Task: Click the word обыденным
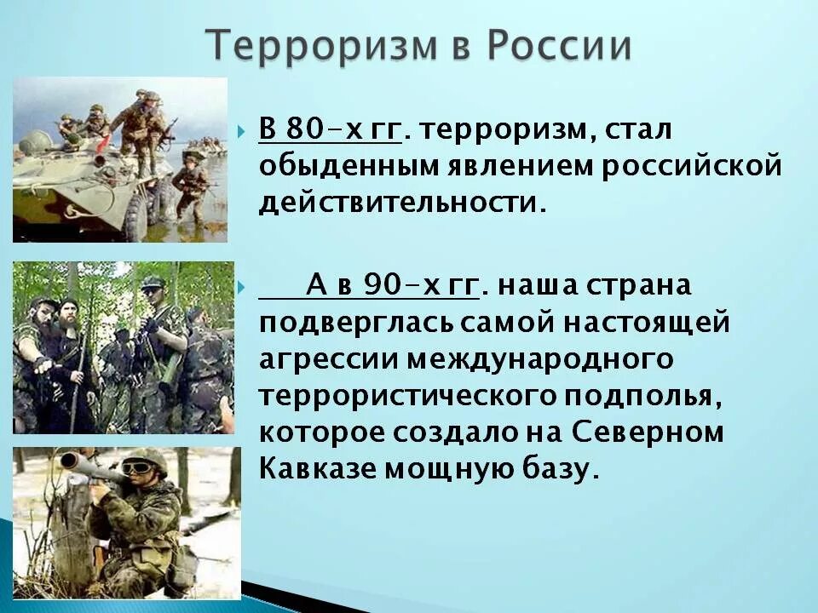click(x=349, y=168)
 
